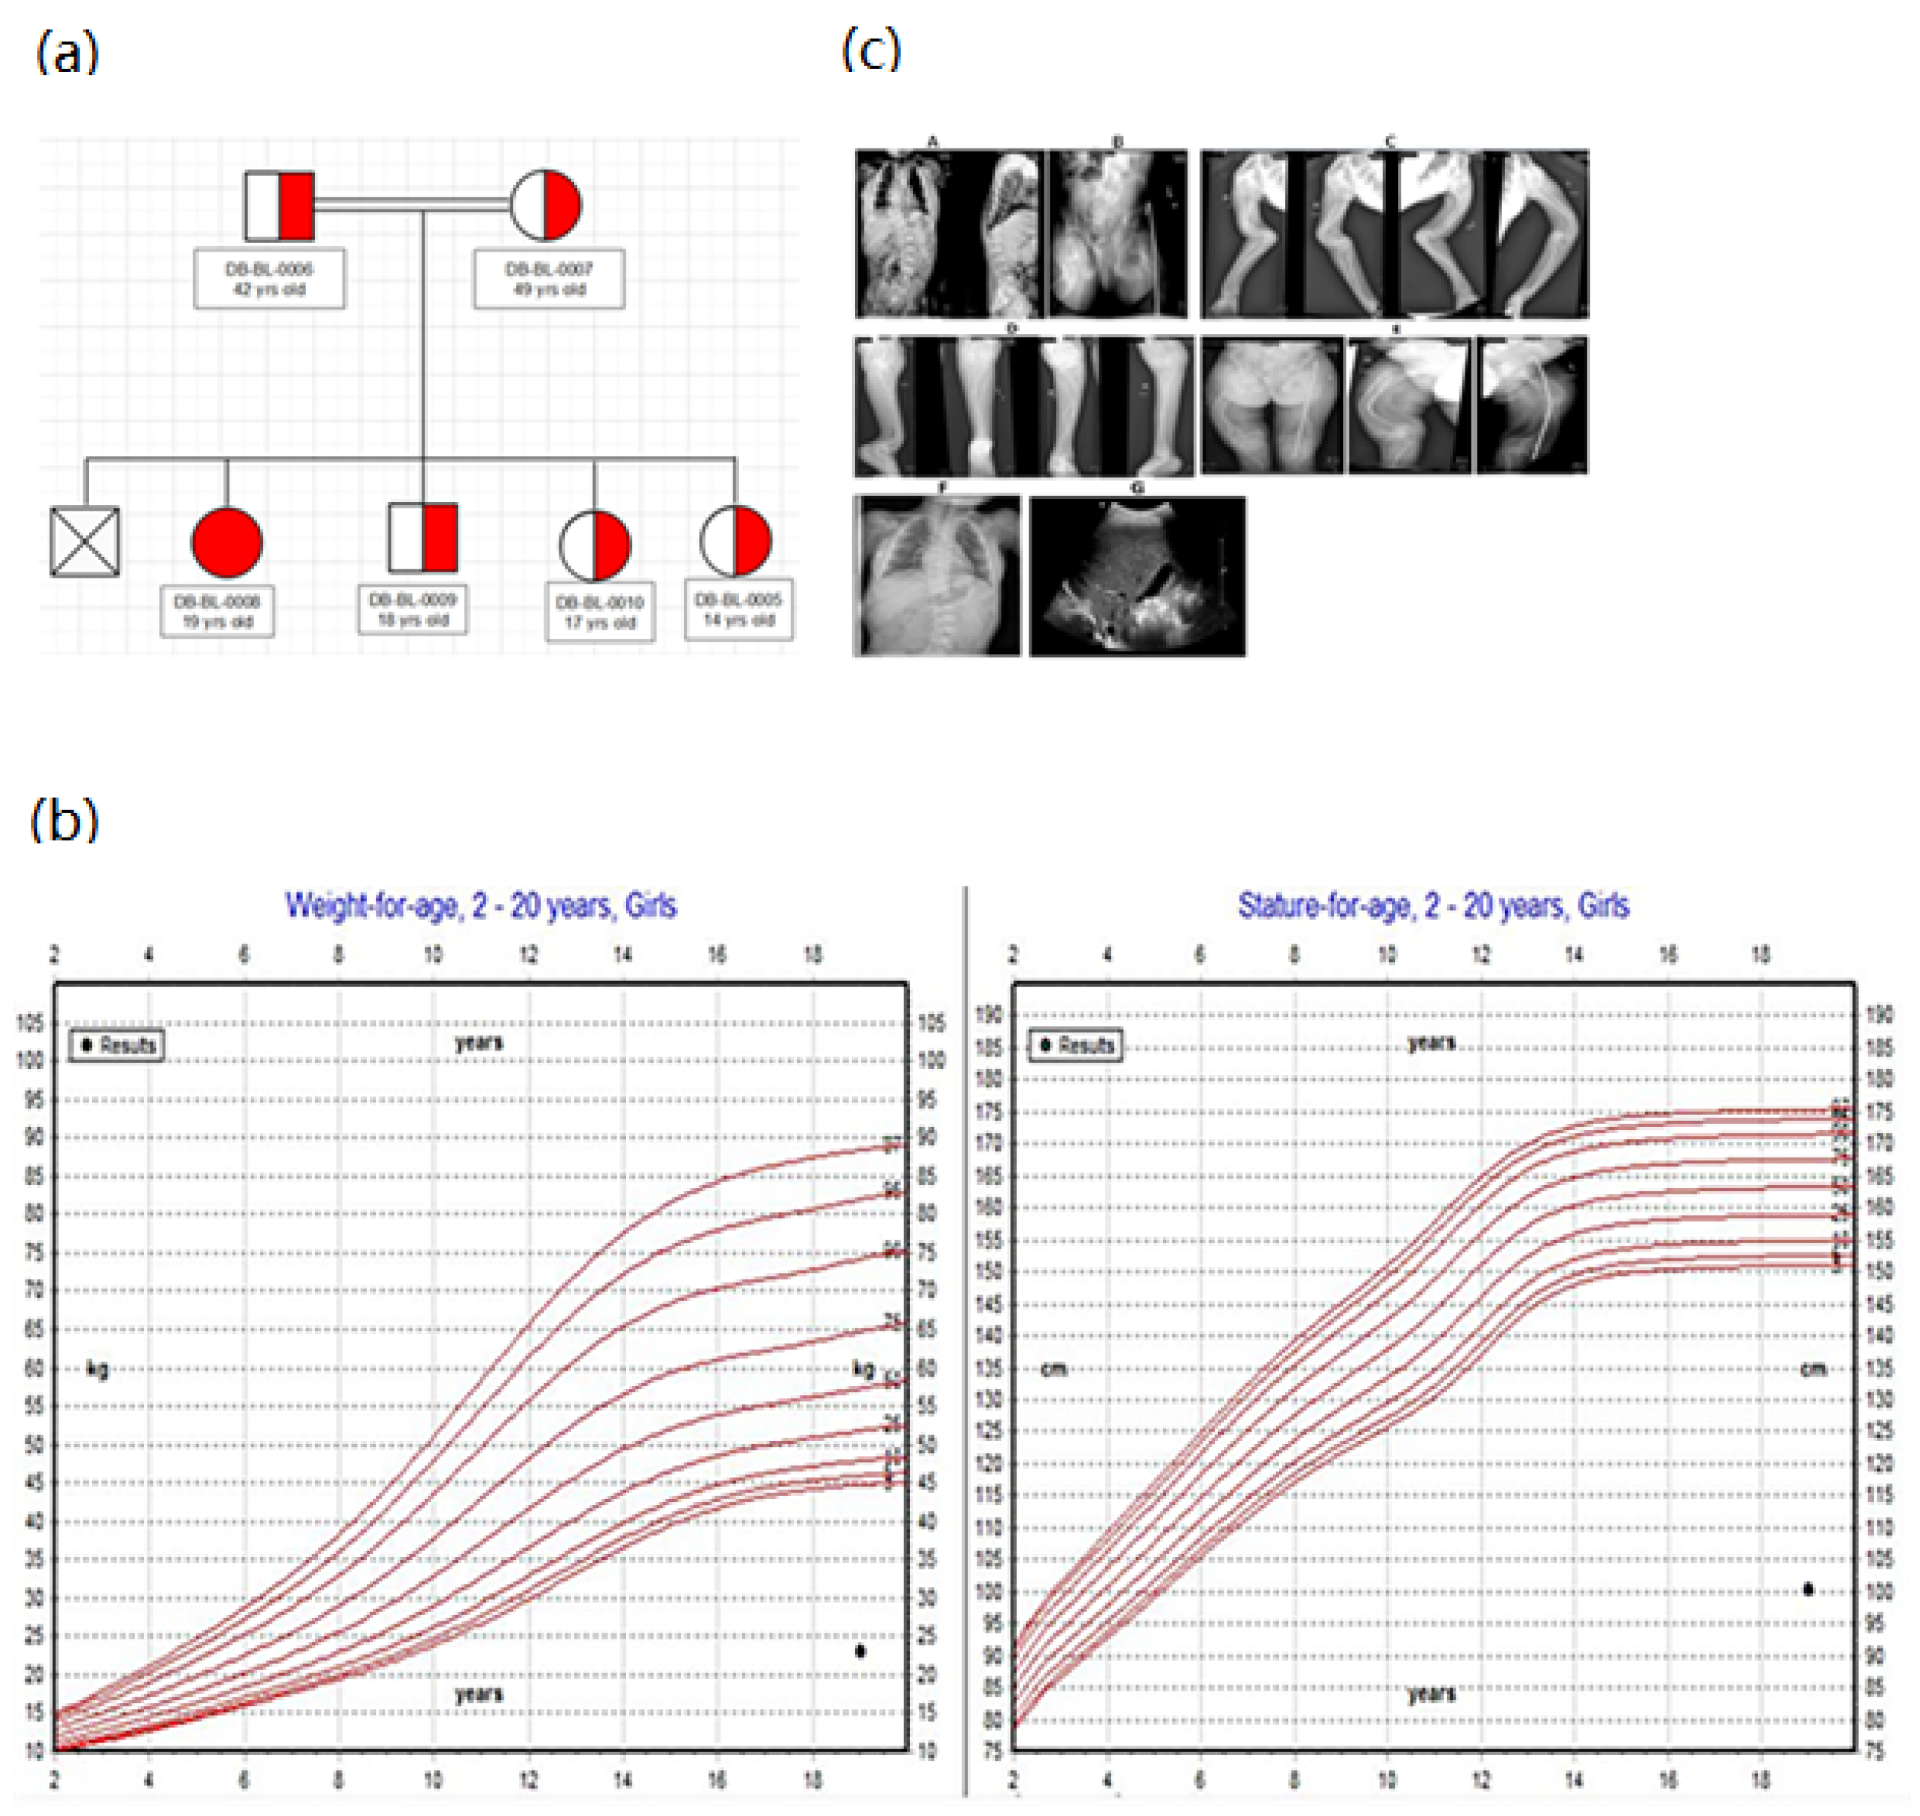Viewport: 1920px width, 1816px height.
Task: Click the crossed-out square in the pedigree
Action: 85,542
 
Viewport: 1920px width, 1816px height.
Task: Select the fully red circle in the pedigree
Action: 227,542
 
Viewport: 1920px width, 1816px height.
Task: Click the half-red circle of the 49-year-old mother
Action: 545,204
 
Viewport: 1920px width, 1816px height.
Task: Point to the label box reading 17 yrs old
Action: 599,613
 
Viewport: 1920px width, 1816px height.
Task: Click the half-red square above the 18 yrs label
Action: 423,538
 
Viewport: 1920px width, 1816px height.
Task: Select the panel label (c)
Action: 871,48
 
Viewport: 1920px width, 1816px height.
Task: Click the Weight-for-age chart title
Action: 481,906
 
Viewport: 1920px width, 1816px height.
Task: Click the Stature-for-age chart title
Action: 1433,906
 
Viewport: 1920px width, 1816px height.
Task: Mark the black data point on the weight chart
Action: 860,1651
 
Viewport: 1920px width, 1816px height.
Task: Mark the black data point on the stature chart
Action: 1808,1590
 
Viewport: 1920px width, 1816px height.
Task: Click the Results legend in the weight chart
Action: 116,1045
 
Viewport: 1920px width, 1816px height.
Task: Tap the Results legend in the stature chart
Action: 1075,1045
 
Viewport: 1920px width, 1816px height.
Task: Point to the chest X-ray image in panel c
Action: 937,577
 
